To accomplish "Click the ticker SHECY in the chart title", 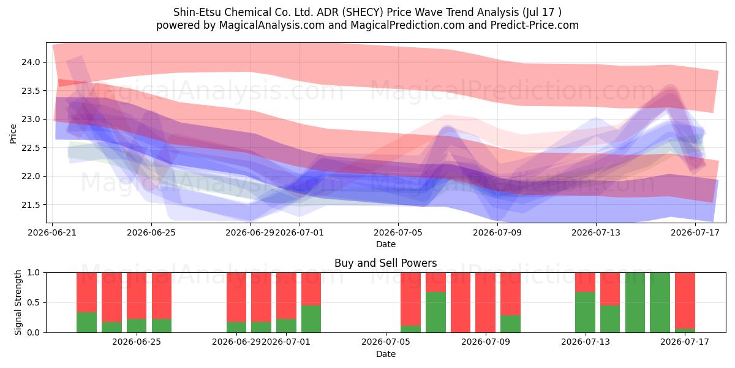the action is [x=363, y=12].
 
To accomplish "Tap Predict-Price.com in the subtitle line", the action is [x=535, y=25].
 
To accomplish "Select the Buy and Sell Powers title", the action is [x=385, y=263].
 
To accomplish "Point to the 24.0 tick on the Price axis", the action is [x=31, y=62].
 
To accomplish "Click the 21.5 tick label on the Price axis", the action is [x=31, y=205].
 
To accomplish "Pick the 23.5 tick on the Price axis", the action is [x=31, y=91].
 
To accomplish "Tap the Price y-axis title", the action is [x=13, y=134].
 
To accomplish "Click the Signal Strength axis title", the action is [x=18, y=302].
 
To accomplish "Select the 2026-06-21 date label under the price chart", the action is [x=52, y=232].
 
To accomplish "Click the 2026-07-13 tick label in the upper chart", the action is [x=596, y=232].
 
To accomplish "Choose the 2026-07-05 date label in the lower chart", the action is [x=385, y=342].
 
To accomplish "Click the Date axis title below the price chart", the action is [x=385, y=244].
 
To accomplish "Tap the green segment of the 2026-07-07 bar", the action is [x=435, y=312].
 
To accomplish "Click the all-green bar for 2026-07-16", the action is [x=660, y=302].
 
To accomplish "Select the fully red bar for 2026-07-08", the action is [x=461, y=302].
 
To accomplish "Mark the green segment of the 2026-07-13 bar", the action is [x=585, y=312].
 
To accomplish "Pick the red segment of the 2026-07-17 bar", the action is [x=685, y=301].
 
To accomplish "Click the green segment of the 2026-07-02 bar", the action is [x=311, y=319].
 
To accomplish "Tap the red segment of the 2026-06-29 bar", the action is [x=236, y=297].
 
